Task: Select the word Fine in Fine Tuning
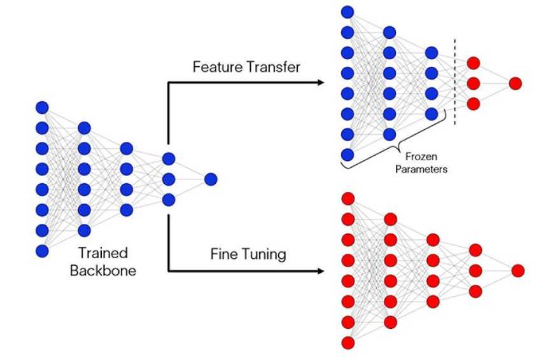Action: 224,254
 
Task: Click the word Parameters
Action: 421,169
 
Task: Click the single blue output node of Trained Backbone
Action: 211,179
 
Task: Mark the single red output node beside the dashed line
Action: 516,83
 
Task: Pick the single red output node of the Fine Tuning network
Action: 517,271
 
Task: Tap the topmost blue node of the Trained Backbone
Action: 42,107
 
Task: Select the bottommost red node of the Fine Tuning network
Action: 348,343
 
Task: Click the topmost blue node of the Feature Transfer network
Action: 348,11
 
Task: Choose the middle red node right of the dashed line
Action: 473,83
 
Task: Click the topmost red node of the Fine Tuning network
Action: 348,198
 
